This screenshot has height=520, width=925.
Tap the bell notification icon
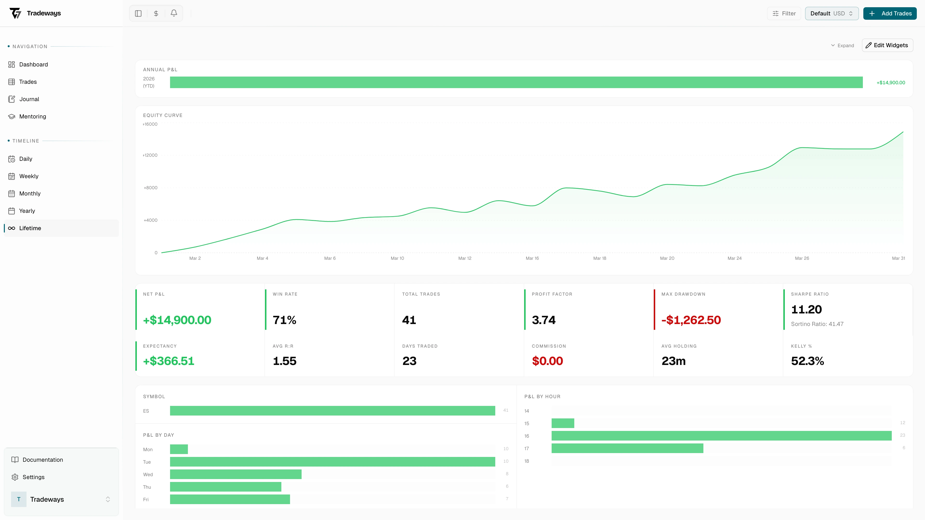[x=174, y=13]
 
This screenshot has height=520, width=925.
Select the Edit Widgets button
[x=887, y=45]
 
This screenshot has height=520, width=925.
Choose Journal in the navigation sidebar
[x=29, y=99]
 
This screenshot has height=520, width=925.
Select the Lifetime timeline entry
[x=30, y=228]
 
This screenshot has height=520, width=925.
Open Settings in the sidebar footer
[x=33, y=477]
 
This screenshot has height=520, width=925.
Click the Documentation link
[x=42, y=460]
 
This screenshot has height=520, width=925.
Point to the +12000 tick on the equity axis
[x=150, y=155]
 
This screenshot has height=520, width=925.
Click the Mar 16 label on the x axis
[x=532, y=258]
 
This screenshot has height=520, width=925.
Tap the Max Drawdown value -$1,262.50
[x=691, y=320]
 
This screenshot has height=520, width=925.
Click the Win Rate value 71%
[x=284, y=320]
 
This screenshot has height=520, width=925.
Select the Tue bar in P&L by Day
[x=332, y=462]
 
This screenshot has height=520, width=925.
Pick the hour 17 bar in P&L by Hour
[x=627, y=448]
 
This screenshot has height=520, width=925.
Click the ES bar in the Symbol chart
[x=332, y=410]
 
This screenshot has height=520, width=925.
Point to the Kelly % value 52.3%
[x=807, y=361]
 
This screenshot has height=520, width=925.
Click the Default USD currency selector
[x=831, y=13]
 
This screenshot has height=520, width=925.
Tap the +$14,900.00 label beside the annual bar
[x=891, y=83]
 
